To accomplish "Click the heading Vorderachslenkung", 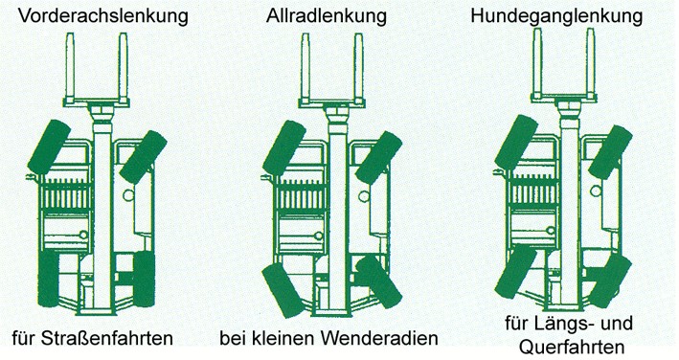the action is tap(103, 16).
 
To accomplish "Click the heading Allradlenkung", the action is tap(326, 15).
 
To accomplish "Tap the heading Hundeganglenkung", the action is tap(556, 16).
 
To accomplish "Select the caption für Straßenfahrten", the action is tap(93, 338).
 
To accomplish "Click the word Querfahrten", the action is tap(572, 348).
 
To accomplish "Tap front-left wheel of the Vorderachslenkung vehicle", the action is tap(50, 146).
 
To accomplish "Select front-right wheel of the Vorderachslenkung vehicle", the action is tap(143, 156).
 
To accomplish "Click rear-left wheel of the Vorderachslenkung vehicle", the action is tap(48, 279).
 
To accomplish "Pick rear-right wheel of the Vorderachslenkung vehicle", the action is tap(145, 280).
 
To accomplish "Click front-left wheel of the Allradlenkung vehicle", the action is tap(284, 148).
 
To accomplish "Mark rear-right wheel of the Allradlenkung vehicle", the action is tap(379, 281).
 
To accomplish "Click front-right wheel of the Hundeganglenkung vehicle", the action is tap(610, 152).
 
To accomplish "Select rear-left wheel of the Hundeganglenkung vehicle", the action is tap(515, 271).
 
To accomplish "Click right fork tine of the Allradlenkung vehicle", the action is tap(358, 67).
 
